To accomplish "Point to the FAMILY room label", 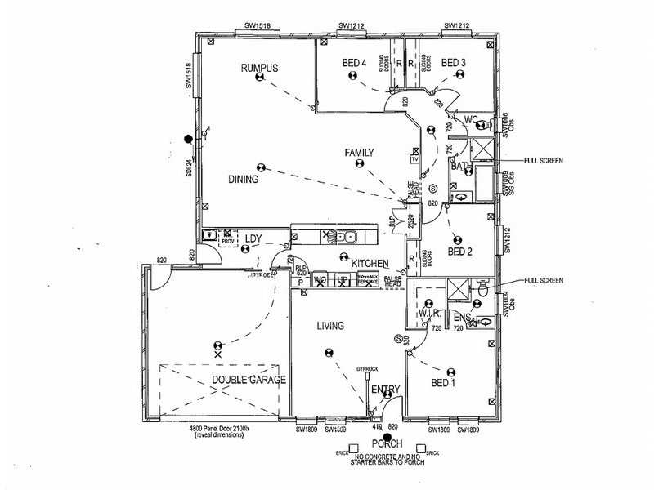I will pyautogui.click(x=359, y=153).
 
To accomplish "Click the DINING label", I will pyautogui.click(x=244, y=180).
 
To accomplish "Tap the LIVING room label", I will pyautogui.click(x=330, y=326).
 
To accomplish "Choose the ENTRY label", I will pyautogui.click(x=385, y=390).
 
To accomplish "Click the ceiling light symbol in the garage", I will pyautogui.click(x=217, y=347).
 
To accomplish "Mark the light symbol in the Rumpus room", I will pyautogui.click(x=259, y=78).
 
